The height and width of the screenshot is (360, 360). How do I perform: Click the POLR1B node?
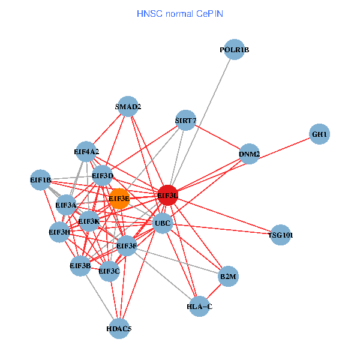tap(235, 50)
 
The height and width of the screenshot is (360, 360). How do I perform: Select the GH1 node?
tap(319, 134)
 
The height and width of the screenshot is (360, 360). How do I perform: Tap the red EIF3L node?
tap(168, 195)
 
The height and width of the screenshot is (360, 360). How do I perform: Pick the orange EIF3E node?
tap(119, 199)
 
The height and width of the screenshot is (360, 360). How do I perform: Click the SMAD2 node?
tap(128, 107)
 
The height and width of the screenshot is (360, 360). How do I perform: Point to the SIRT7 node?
tap(186, 121)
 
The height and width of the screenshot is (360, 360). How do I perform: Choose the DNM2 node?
tap(249, 154)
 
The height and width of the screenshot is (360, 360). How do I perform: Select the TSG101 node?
tap(281, 235)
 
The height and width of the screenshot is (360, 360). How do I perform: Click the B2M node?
tap(229, 277)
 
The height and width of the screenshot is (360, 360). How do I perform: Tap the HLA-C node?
tap(200, 307)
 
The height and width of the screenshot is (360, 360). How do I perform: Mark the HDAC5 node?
tap(119, 328)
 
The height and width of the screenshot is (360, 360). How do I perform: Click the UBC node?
tap(163, 224)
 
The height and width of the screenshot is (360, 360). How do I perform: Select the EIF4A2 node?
tap(86, 151)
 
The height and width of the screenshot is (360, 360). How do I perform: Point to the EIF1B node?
tap(41, 180)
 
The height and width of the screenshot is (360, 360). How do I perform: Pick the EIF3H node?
tap(59, 232)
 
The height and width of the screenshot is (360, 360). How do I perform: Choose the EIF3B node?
tap(80, 265)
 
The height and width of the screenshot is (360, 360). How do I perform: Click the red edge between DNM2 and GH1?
tap(284, 144)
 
